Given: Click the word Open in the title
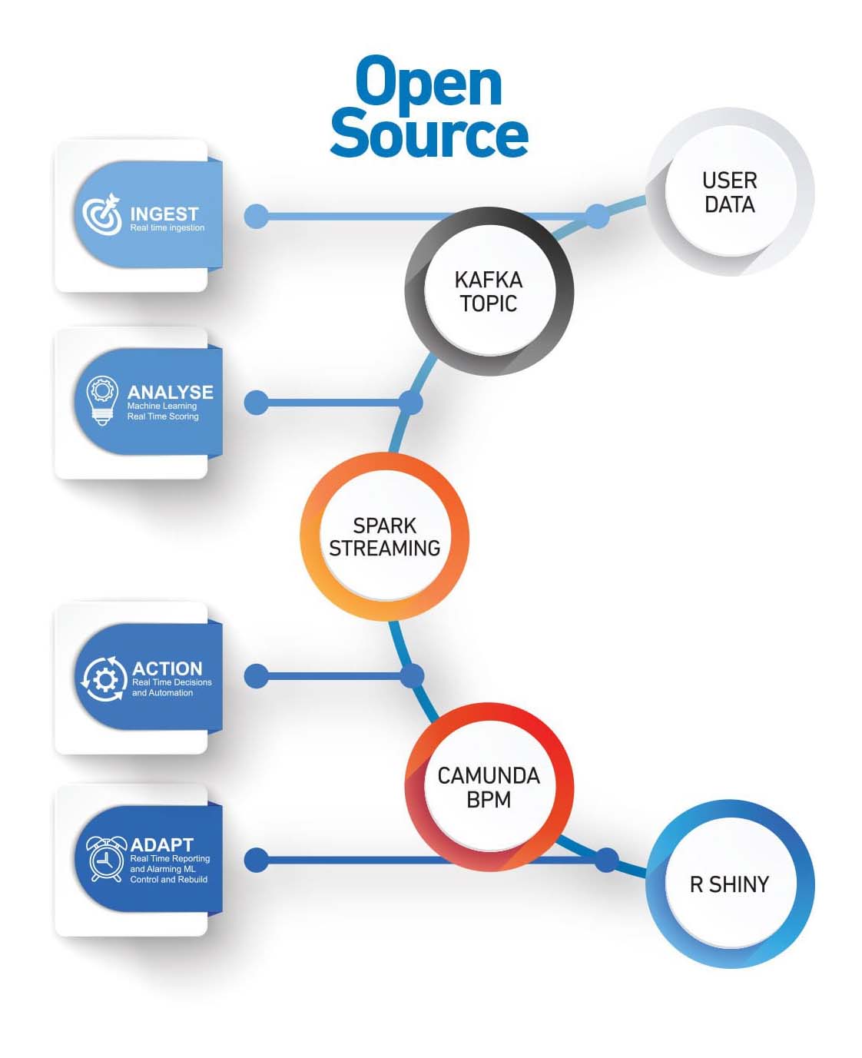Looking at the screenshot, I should tap(428, 83).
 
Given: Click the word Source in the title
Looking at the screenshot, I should tap(429, 134).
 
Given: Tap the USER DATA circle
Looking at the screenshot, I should tap(729, 192).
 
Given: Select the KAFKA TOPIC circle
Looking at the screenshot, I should tap(489, 291).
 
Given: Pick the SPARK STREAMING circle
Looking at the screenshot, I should tap(384, 536).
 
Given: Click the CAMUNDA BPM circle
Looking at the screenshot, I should tap(489, 787).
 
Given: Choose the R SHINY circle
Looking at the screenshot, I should tap(729, 884).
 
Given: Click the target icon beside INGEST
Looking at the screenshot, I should tap(102, 214).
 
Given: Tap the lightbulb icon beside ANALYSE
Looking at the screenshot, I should tap(102, 400).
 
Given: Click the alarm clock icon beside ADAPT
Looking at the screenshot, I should tap(105, 859).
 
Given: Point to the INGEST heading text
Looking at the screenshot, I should tap(164, 213).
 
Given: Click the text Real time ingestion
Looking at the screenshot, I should tap(167, 228).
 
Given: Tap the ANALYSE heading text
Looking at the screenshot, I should tap(170, 392).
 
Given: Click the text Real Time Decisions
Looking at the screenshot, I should tap(171, 682).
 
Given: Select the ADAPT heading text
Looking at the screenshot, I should tap(161, 844).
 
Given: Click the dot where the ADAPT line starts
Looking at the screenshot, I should tap(256, 860).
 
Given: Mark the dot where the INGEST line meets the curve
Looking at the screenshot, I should tap(597, 216).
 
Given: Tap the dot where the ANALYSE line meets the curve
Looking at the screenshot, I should tap(411, 402).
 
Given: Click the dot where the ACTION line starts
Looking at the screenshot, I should tap(256, 676).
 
